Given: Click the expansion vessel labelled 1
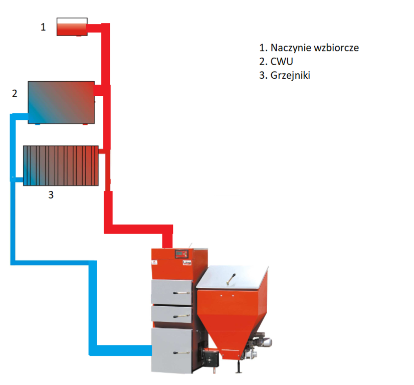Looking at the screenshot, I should tap(72, 27).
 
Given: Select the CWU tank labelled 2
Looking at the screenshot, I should tap(61, 102).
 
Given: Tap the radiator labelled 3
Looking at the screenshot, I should tap(61, 165).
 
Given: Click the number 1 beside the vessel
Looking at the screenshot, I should tap(43, 27).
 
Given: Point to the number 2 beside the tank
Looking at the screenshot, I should tap(15, 93).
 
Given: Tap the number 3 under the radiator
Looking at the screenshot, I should tap(50, 195).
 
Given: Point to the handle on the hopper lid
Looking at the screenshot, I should tap(231, 279).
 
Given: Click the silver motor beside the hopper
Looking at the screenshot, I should tap(263, 342).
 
